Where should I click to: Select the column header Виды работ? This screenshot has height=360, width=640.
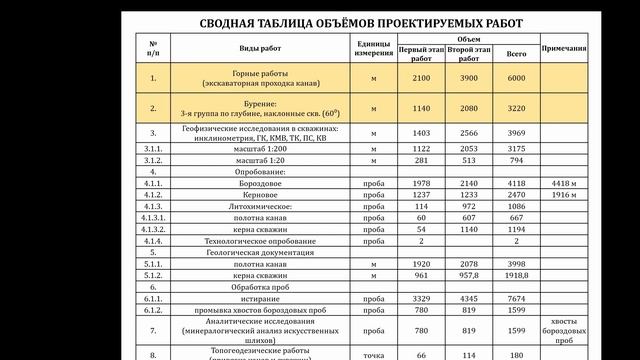(262, 49)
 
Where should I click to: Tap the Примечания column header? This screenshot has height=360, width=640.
(563, 49)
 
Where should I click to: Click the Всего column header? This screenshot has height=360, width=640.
(517, 54)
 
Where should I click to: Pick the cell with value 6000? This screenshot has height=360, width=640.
(517, 77)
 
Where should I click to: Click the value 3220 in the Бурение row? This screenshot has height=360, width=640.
(517, 108)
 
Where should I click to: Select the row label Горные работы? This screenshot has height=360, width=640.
(262, 73)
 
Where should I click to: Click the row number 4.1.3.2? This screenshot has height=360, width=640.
(153, 229)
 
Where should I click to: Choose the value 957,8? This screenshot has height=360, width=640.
(468, 274)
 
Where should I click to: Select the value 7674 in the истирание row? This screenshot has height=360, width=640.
(517, 298)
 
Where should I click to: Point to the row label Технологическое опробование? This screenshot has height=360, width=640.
(262, 240)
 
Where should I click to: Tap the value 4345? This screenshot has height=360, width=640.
(468, 298)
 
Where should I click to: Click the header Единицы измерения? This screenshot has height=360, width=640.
(372, 49)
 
